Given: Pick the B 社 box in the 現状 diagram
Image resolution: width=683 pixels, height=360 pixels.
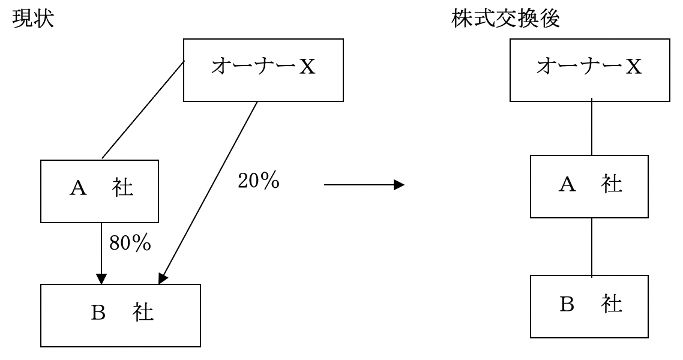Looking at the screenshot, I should (120, 315).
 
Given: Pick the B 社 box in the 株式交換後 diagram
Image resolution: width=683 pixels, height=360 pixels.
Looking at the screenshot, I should (590, 307).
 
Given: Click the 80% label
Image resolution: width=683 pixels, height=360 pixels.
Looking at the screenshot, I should (129, 243).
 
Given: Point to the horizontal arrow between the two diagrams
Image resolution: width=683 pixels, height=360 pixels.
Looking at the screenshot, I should (360, 186).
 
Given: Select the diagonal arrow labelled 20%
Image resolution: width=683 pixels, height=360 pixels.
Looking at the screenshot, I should (210, 189).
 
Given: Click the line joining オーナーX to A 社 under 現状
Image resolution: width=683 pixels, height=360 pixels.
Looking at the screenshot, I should (143, 111).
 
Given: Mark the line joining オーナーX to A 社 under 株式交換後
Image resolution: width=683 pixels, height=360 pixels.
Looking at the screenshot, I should (592, 128).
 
